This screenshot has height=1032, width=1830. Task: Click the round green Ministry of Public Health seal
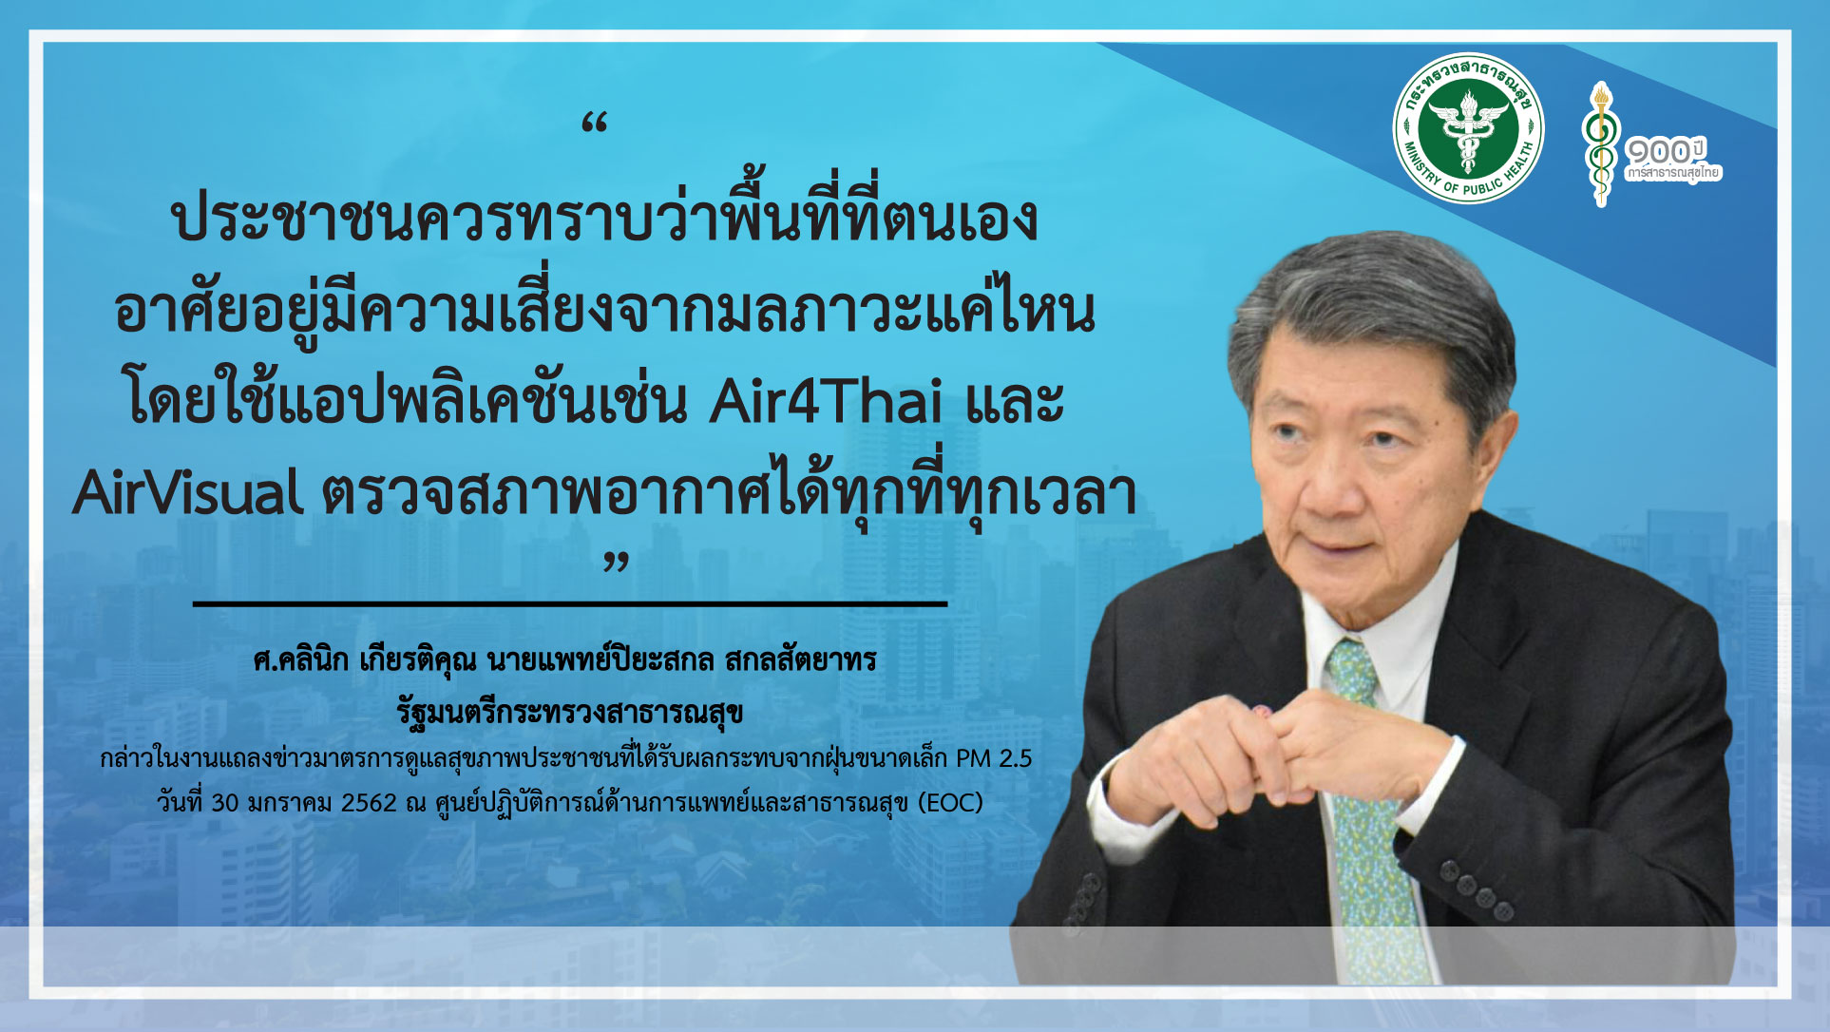1468,128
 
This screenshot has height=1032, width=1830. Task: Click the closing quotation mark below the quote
617,562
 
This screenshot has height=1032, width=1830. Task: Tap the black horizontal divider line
570,603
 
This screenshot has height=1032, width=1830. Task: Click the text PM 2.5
994,758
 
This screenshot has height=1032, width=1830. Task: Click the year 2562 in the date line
369,803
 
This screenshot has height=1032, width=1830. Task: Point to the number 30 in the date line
225,803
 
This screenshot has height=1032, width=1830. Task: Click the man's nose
1334,475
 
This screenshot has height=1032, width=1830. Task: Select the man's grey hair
1368,304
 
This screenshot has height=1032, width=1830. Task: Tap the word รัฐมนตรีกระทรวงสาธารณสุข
570,713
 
